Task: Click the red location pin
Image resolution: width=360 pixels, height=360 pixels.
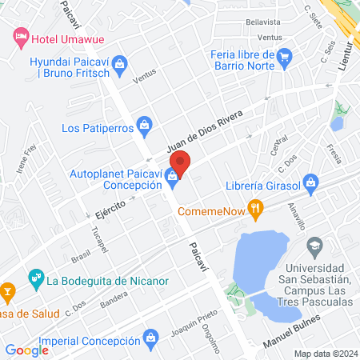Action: pyautogui.click(x=180, y=164)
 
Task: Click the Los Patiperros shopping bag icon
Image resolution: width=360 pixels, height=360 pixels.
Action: pyautogui.click(x=144, y=124)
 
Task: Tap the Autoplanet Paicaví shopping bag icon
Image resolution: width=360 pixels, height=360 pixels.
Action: pyautogui.click(x=171, y=174)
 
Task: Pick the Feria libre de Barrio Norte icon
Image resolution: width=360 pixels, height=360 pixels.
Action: pyautogui.click(x=284, y=56)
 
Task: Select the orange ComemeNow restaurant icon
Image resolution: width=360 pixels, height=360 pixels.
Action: pyautogui.click(x=256, y=210)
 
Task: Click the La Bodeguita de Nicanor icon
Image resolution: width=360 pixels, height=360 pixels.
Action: pyautogui.click(x=35, y=279)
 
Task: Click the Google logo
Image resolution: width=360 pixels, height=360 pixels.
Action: pyautogui.click(x=27, y=350)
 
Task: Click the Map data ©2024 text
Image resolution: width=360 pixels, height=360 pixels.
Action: pyautogui.click(x=323, y=353)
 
